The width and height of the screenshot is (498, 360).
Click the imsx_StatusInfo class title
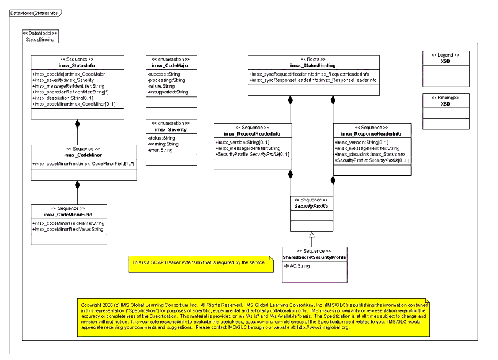pos(77,66)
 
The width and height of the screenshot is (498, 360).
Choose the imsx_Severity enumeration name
pos(170,130)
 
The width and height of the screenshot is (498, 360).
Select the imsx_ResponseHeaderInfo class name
pos(371,134)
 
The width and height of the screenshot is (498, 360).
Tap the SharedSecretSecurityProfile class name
pos(315,257)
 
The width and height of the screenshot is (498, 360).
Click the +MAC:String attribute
pos(297,266)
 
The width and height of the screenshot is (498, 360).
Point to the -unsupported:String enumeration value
pos(168,92)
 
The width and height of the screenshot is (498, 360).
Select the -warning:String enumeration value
pos(164,144)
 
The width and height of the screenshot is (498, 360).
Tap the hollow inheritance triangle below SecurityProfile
pos(312,234)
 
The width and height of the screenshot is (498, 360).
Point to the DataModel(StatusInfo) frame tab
pos(34,13)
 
